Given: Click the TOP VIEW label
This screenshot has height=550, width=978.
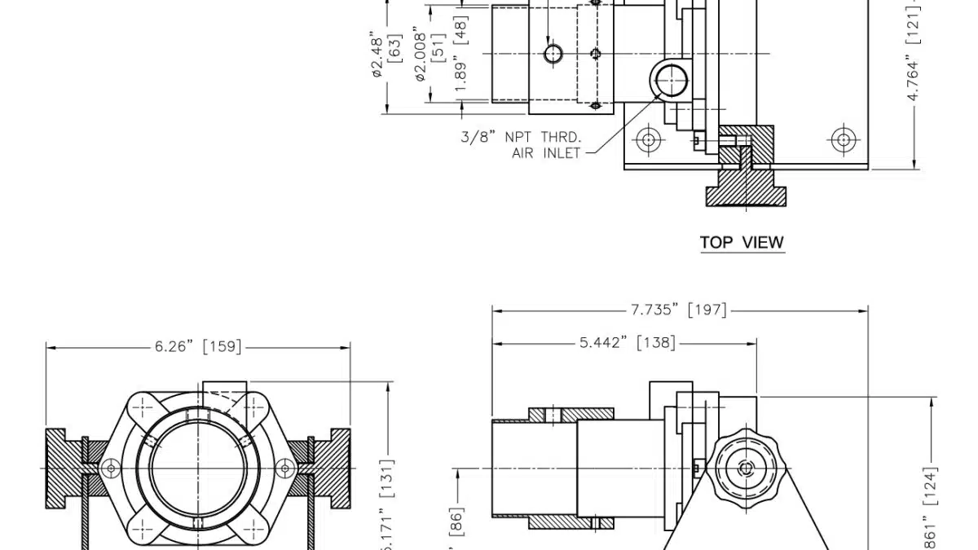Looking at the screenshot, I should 742,242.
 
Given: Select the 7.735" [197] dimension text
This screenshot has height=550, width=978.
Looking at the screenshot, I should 678,310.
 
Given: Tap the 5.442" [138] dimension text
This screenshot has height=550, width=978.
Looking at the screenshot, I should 627,343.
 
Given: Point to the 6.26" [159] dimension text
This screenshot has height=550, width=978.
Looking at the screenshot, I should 198,346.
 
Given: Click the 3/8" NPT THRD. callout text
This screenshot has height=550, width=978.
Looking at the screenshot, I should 521,137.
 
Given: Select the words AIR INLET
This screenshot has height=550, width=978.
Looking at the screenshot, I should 546,152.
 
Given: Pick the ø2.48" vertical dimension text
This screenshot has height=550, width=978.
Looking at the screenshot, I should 377,56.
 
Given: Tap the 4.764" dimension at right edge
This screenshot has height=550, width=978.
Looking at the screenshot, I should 913,81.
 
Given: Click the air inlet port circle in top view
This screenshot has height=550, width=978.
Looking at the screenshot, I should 670,79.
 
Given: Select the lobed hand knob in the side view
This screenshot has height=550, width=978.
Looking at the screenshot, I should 747,468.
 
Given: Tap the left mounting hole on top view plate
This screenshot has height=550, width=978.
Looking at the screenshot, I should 649,139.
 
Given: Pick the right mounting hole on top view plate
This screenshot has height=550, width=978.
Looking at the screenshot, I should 843,139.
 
